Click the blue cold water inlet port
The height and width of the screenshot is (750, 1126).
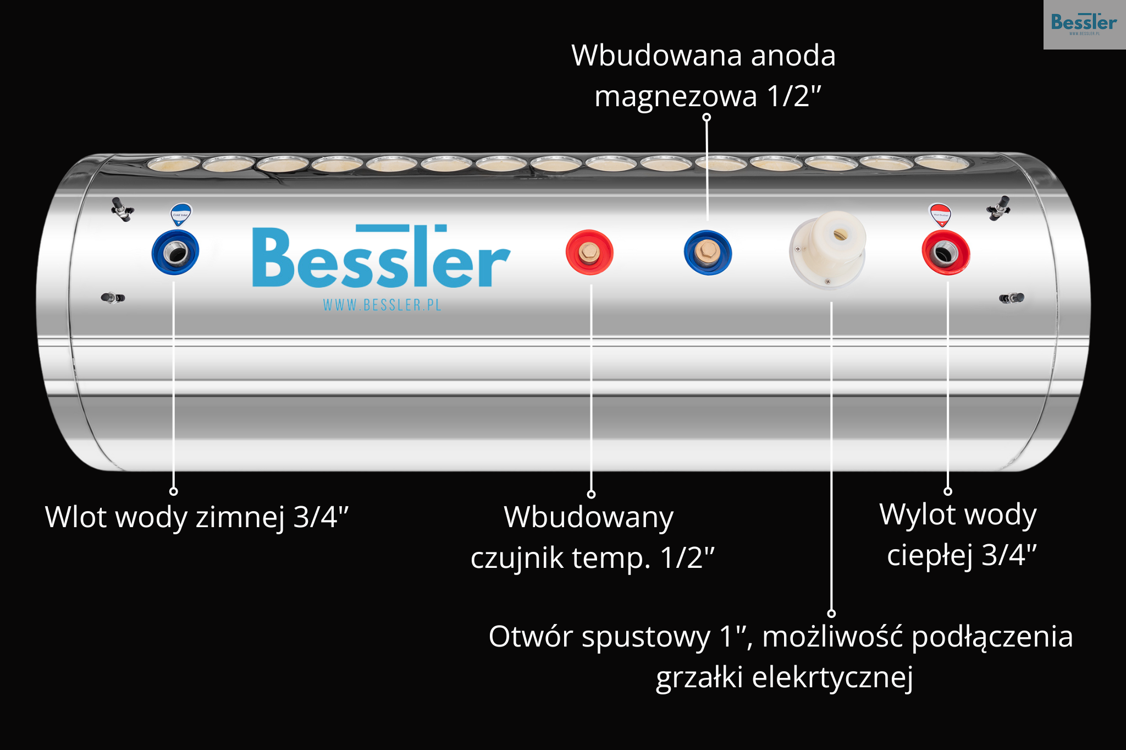(175, 253)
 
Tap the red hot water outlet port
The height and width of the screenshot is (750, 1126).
(946, 253)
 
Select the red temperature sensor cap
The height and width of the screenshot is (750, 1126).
(589, 252)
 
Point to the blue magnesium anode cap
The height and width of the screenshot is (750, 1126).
(708, 253)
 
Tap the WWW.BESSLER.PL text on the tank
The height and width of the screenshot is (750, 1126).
(382, 305)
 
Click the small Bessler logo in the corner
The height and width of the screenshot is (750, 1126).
(1084, 24)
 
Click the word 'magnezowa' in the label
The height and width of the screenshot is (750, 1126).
(676, 97)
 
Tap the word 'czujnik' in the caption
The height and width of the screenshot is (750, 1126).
(517, 558)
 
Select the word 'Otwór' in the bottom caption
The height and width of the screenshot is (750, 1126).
(531, 637)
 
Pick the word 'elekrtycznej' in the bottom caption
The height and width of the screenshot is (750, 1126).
(832, 677)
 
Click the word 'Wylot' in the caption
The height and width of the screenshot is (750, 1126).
(918, 514)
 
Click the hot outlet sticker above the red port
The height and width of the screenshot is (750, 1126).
(940, 215)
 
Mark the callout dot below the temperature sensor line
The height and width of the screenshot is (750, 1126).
(591, 494)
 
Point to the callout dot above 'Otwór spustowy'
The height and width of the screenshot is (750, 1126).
(831, 613)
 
